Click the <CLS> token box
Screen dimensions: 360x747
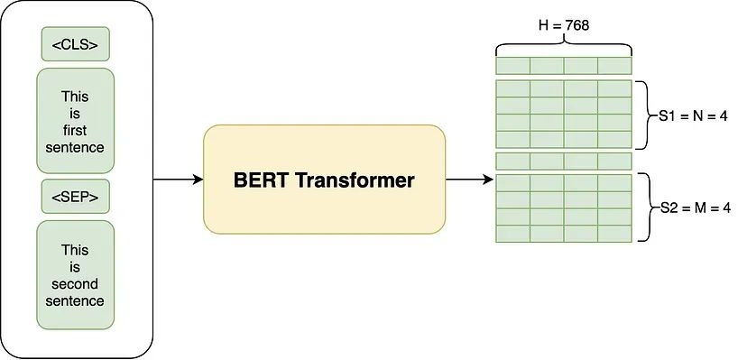(76, 44)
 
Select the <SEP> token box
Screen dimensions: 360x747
(76, 195)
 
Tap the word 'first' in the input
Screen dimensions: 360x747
(76, 129)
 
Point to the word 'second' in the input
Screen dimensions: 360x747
(76, 283)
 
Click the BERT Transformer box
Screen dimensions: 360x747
(325, 180)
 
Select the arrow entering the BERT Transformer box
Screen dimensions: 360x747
(178, 180)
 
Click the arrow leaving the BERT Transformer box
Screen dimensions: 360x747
(469, 180)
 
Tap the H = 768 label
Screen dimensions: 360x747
(563, 25)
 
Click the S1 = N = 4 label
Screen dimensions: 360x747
(691, 115)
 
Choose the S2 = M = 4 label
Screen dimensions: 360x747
(691, 208)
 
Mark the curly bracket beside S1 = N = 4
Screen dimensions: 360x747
(642, 115)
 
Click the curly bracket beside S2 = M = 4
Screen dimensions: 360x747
(642, 208)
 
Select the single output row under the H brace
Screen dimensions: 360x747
(563, 66)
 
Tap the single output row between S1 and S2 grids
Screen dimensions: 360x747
(563, 161)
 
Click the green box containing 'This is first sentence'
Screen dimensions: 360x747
(76, 121)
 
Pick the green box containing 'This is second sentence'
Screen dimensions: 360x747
(76, 274)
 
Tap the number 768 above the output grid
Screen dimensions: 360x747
(576, 25)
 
